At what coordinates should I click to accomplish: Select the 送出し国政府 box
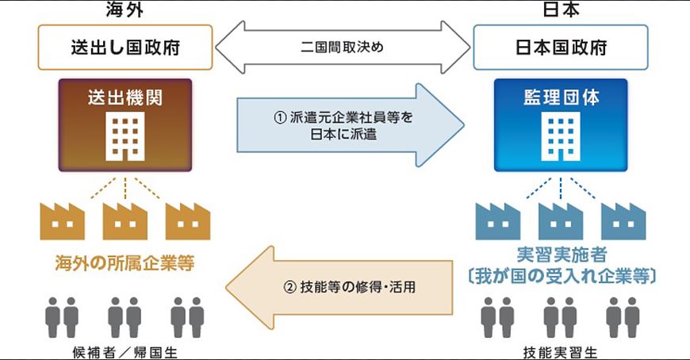(x=125, y=47)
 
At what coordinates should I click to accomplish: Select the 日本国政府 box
(x=561, y=47)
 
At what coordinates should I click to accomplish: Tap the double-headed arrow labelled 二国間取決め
(x=343, y=47)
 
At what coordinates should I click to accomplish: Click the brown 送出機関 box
(x=125, y=124)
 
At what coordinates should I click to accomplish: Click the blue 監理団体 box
(x=561, y=124)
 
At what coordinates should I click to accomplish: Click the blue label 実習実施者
(x=560, y=256)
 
